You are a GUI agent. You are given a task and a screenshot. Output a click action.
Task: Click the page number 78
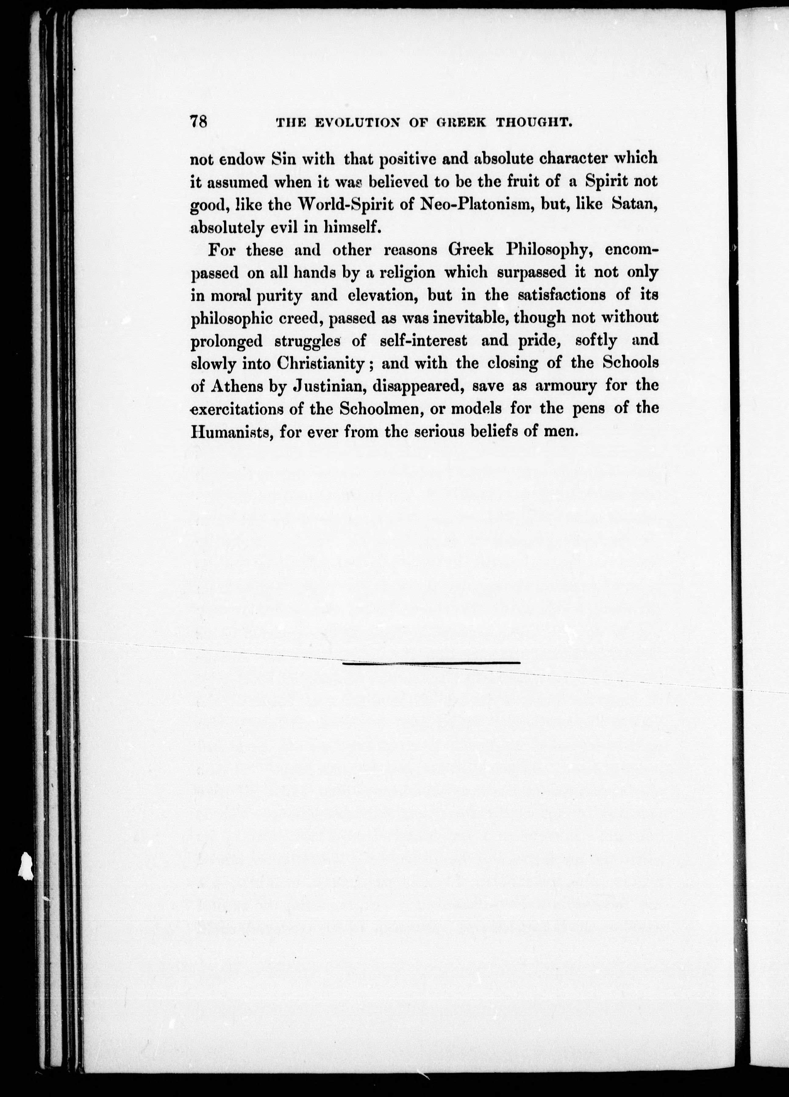point(199,121)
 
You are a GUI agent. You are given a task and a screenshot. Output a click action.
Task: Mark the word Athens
point(235,387)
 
